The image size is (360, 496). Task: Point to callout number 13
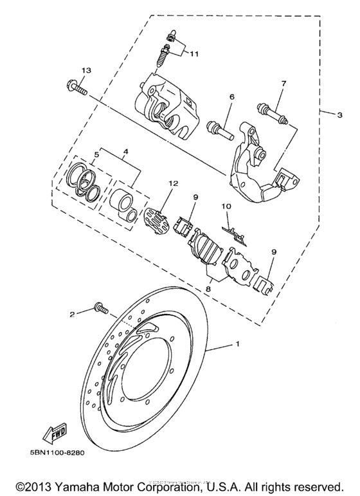click(x=86, y=69)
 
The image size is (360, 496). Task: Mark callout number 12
click(x=171, y=183)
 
